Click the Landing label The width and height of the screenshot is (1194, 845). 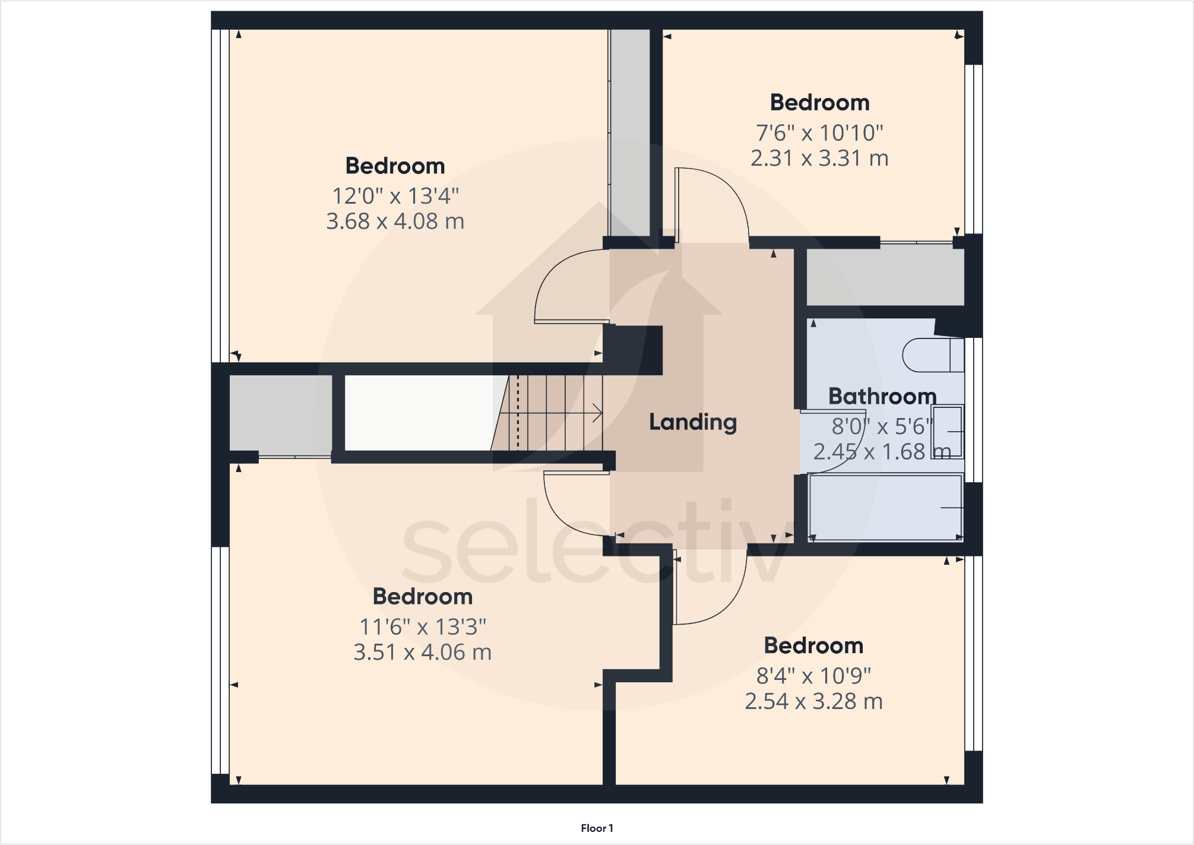coord(692,422)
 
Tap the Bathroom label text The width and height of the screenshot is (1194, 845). coord(882,396)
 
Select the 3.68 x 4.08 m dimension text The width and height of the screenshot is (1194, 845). coord(395,221)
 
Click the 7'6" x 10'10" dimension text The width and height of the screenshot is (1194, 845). coord(819,133)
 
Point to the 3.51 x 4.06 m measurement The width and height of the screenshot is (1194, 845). coord(422,653)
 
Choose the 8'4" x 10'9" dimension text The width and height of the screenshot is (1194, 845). coord(813,676)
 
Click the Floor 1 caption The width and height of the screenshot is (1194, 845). coord(597,828)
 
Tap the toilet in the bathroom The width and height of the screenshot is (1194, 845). coord(932,355)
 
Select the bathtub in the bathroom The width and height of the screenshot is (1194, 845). coord(885,508)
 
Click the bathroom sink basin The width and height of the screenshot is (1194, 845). coord(947,432)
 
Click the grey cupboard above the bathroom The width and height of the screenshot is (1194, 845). coord(885,275)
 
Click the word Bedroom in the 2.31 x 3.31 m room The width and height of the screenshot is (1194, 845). coord(819,103)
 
